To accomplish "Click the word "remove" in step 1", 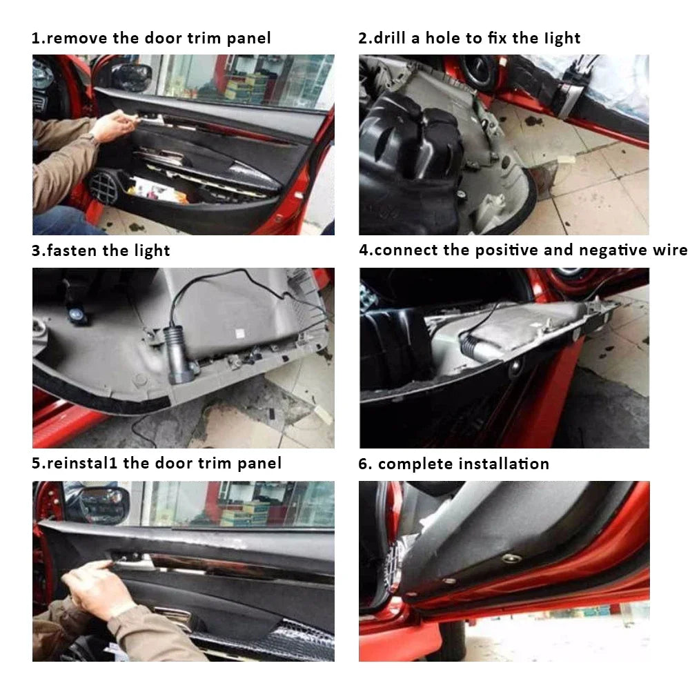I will click(76, 38).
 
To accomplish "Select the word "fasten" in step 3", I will click(72, 250).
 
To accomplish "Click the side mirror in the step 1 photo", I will click(131, 77).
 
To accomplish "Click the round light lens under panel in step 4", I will click(515, 370).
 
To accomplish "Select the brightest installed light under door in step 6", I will click(511, 558).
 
